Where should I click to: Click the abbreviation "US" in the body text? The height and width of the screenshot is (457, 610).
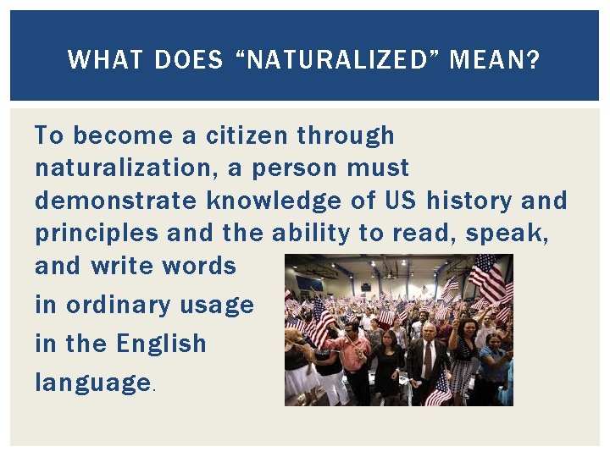(x=401, y=201)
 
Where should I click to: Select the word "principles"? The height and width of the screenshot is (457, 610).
(x=97, y=233)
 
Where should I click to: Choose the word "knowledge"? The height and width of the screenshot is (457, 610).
(x=276, y=201)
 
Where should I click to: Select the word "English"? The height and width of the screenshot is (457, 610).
(x=161, y=344)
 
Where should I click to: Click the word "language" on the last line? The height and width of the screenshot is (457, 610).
(x=92, y=383)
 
